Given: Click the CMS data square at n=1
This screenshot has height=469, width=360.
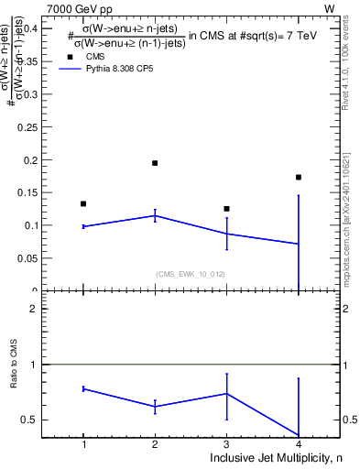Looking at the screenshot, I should click(83, 203).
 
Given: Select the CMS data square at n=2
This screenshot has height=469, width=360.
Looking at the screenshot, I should click(155, 163).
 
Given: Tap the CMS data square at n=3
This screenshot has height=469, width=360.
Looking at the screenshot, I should click(226, 209).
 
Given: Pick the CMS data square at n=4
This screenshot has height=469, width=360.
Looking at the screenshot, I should click(299, 177).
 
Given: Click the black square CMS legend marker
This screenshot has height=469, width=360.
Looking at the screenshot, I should click(69, 56).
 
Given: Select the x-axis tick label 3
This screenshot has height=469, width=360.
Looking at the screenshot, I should click(226, 443).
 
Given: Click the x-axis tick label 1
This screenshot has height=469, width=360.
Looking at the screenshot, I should click(83, 443).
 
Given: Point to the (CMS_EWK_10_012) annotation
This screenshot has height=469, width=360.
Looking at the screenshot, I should click(191, 274).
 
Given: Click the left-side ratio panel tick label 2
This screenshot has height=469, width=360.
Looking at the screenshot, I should click(32, 309).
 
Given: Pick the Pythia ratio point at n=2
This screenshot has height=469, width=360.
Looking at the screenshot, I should click(155, 406).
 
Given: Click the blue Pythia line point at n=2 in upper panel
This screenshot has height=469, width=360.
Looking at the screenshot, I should click(155, 215).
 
